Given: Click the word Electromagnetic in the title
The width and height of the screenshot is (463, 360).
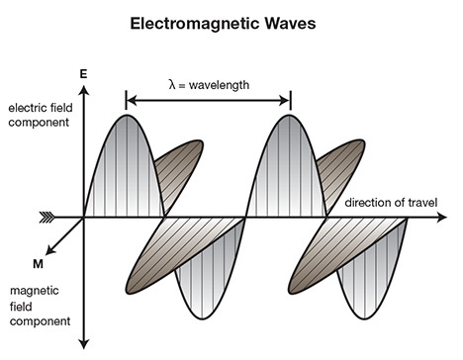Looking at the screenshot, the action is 195,24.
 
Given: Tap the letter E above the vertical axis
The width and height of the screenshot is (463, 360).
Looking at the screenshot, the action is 83,74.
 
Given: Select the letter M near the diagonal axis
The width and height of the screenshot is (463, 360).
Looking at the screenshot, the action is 38,264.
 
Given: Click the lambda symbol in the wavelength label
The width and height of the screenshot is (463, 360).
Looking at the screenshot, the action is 172,84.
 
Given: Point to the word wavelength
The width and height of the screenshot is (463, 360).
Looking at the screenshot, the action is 219,85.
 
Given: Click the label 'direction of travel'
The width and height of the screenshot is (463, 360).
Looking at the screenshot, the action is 391,203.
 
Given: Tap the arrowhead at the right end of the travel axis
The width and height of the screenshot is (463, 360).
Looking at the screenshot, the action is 441,218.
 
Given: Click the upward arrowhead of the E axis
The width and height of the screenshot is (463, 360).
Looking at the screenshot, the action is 84,90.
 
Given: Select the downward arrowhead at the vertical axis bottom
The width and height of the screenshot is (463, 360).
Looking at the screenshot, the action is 84,344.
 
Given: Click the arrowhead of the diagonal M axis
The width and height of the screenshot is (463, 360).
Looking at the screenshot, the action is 49,250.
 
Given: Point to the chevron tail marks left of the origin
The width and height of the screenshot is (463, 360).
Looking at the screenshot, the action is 47,218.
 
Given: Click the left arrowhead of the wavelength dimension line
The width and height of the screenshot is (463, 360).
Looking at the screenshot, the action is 132,100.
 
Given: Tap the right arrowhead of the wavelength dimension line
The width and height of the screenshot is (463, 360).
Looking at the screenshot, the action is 285,100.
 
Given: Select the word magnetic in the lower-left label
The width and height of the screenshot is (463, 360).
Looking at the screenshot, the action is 35,291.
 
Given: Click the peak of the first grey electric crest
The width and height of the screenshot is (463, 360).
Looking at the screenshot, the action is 127,116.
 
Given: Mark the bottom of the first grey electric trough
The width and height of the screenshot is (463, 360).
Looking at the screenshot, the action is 202,318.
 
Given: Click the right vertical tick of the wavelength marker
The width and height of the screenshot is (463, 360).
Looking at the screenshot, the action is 291,100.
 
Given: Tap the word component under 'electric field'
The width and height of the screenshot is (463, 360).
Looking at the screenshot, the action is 39,123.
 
